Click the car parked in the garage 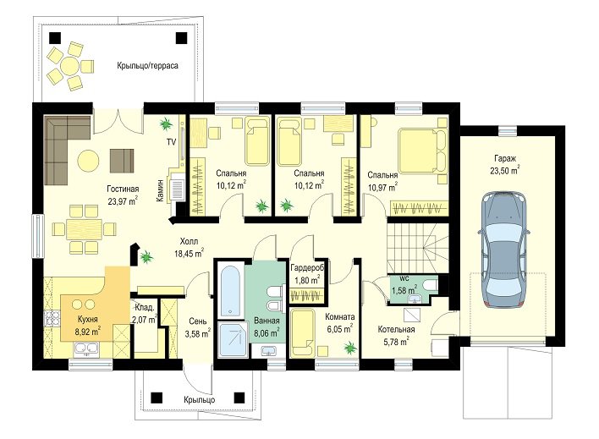pos(504,250)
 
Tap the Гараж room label pos(505,158)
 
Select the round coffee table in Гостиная pos(88,160)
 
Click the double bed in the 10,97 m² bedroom pos(422,151)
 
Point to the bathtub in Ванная pos(230,291)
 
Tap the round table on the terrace pos(70,65)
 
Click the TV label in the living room pos(171,142)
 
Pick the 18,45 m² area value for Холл pos(189,253)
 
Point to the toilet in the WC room pos(431,285)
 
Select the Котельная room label pos(396,329)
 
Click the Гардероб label pos(307,267)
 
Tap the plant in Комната pos(349,348)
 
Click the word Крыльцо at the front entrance pos(199,400)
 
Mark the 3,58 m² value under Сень pos(197,334)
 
